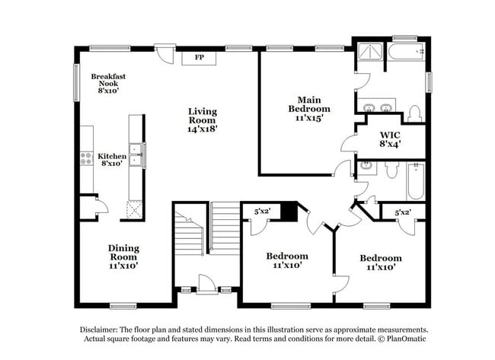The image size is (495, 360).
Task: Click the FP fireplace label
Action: tap(200, 58)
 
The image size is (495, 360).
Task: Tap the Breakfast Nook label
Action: tap(108, 83)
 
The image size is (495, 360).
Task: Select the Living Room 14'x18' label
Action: tap(203, 120)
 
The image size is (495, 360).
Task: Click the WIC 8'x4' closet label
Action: tap(390, 138)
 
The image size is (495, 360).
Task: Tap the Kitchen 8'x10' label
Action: tap(111, 159)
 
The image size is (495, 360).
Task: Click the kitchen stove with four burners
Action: tap(86, 158)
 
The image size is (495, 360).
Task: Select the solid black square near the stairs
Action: tap(288, 212)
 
